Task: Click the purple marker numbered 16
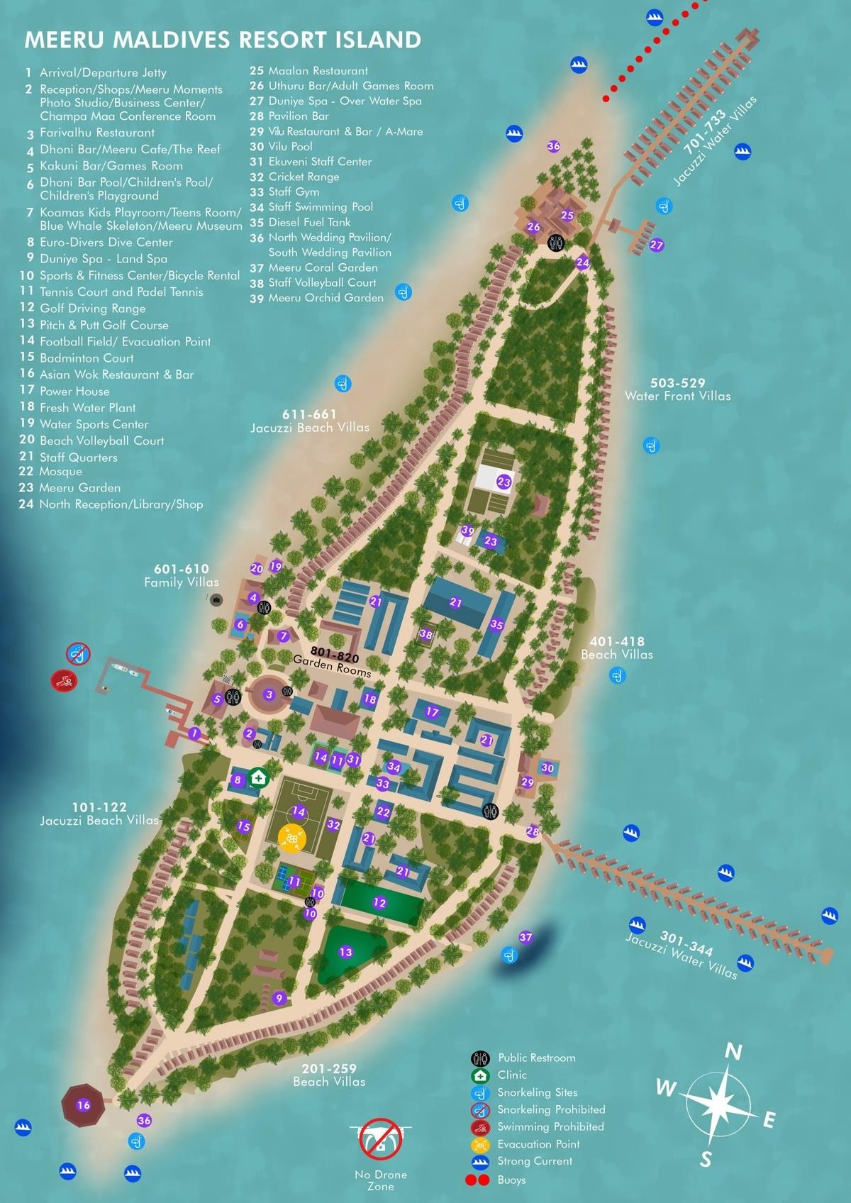click(83, 1105)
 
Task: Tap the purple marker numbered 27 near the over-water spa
click(657, 245)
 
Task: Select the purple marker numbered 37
click(525, 938)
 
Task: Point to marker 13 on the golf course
click(345, 952)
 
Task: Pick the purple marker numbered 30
click(547, 767)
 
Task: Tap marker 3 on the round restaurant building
click(269, 694)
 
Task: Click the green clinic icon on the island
click(259, 777)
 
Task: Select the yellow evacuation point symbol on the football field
click(291, 838)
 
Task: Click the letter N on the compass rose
click(735, 1053)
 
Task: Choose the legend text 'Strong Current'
click(535, 1160)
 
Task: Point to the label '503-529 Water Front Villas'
click(677, 389)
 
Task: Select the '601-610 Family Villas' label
click(182, 575)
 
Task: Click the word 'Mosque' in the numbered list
click(61, 472)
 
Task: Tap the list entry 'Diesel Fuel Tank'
click(309, 222)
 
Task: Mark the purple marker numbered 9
click(279, 998)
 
